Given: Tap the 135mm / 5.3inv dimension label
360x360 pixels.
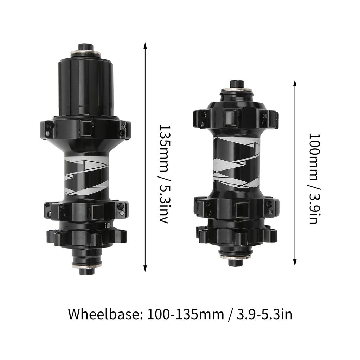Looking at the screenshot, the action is pyautogui.click(x=165, y=174).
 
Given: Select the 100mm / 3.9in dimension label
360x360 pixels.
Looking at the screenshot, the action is pyautogui.click(x=314, y=178).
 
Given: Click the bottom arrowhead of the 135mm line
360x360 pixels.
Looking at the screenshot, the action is pyautogui.click(x=145, y=269).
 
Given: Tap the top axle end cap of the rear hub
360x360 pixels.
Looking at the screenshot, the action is pyautogui.click(x=86, y=47).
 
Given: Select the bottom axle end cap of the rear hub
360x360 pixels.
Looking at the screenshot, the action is pyautogui.click(x=87, y=271).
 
